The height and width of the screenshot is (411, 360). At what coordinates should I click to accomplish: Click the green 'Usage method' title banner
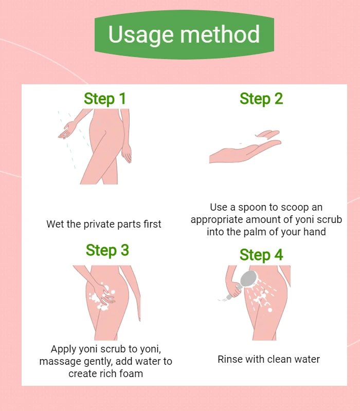point(184,34)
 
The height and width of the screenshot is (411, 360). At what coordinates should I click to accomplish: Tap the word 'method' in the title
point(220,34)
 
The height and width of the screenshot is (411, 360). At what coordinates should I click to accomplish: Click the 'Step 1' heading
point(105,99)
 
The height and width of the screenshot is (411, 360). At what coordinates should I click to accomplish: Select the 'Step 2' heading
point(261,99)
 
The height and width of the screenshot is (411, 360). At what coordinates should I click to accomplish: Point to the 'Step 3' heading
point(107,250)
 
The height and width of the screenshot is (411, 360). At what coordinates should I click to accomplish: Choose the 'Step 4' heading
point(261,255)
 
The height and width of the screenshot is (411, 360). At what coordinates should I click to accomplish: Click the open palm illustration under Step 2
point(245,147)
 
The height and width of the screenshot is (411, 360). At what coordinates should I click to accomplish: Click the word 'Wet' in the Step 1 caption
point(55,224)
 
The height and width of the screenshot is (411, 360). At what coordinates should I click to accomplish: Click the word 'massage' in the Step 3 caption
point(60,362)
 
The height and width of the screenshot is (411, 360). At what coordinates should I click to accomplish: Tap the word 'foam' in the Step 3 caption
point(131,373)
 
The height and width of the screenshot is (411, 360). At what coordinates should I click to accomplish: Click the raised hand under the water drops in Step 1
point(66,130)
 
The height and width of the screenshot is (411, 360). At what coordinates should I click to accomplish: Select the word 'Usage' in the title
point(141,34)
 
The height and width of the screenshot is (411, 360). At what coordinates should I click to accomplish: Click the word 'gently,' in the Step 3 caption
point(98,362)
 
